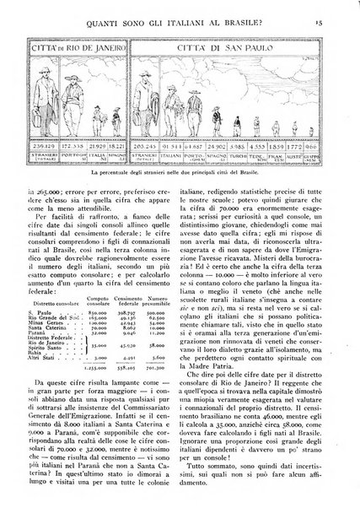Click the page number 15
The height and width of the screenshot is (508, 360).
point(335,11)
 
